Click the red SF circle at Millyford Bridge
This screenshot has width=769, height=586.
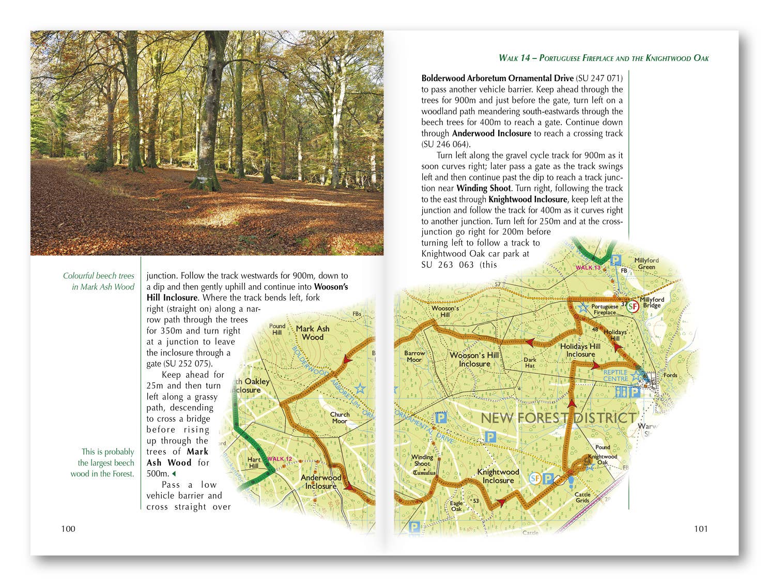click(633, 306)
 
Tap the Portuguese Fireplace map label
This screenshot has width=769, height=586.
click(605, 310)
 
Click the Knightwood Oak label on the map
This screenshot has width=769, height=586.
click(603, 459)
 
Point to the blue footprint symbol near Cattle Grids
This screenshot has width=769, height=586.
click(572, 482)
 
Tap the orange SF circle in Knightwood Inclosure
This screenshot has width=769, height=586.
click(535, 479)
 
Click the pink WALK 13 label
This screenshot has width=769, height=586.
click(588, 268)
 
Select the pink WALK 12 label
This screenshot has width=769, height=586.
click(280, 459)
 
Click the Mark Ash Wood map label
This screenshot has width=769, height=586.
click(313, 333)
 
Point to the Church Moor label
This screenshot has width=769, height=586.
click(340, 418)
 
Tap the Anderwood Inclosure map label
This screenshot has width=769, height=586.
click(320, 482)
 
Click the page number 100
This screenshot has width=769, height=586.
click(68, 528)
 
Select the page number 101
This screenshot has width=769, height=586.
click(701, 528)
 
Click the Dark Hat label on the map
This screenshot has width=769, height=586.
click(530, 362)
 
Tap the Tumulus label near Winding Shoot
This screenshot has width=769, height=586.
click(424, 473)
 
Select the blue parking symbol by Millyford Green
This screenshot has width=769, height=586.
click(616, 260)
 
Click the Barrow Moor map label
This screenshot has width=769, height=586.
click(414, 357)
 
